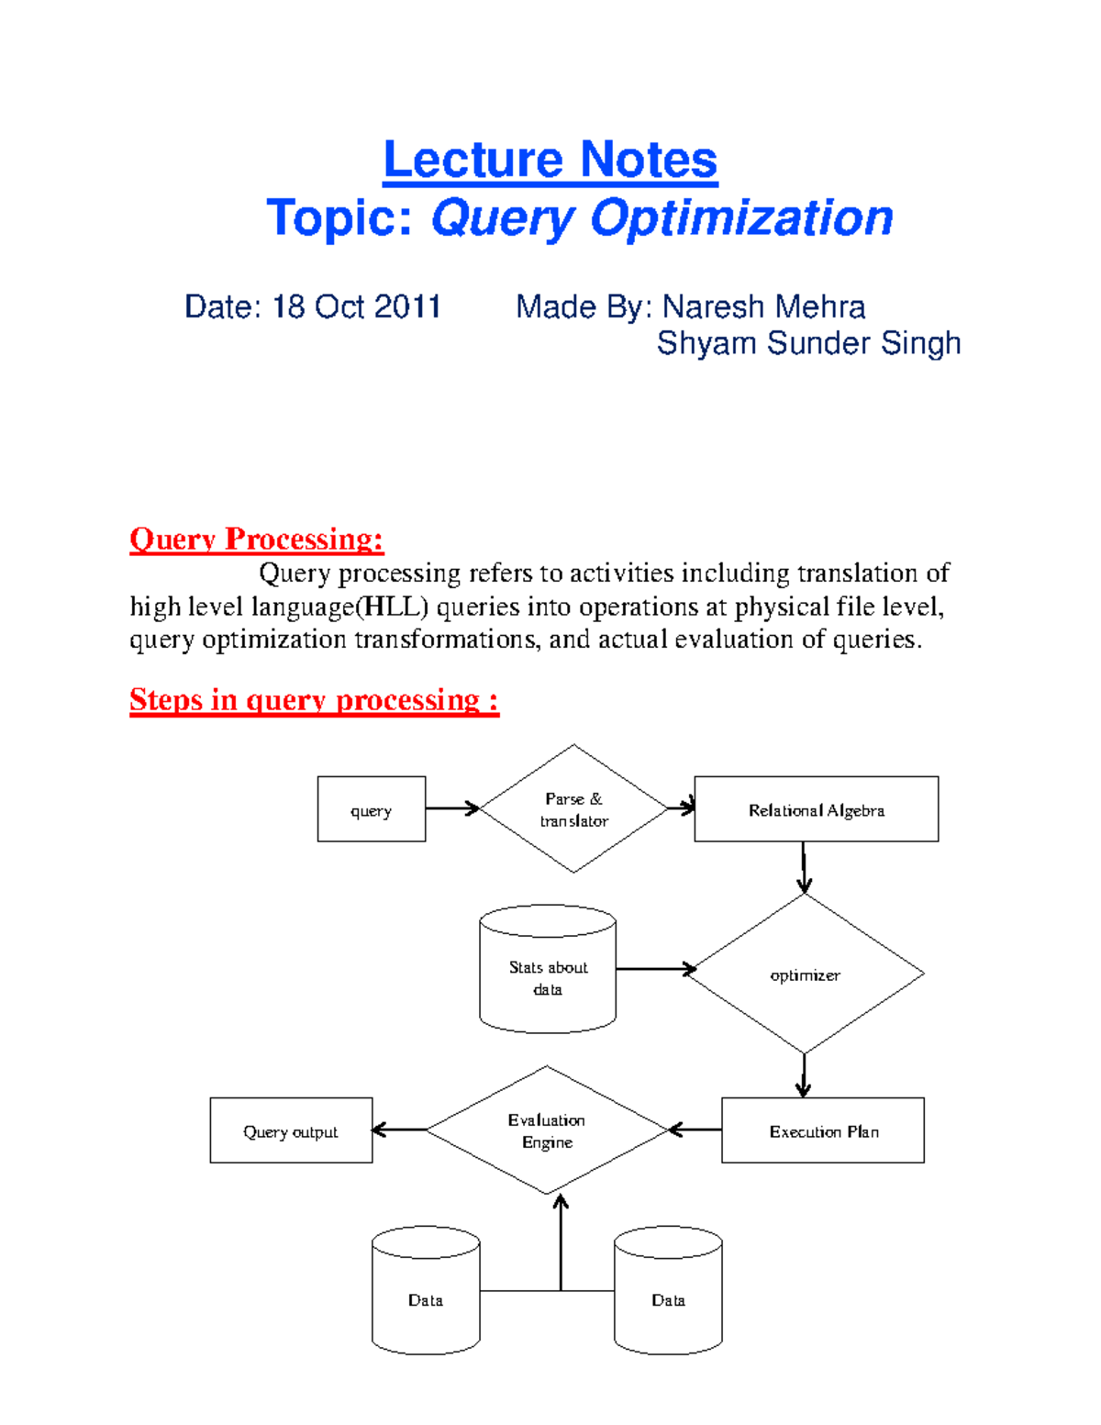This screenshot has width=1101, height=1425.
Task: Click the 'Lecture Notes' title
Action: click(550, 160)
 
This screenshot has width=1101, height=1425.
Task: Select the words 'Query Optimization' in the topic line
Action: click(662, 218)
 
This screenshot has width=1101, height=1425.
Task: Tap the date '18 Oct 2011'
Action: click(357, 306)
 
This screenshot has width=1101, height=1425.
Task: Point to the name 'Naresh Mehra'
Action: click(763, 306)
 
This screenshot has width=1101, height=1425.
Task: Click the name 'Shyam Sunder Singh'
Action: click(808, 343)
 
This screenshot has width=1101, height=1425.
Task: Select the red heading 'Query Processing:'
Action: click(256, 539)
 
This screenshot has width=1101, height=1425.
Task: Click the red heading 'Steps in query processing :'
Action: click(314, 700)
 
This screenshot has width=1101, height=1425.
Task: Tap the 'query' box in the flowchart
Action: click(371, 809)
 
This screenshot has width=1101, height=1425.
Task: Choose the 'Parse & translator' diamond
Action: click(573, 809)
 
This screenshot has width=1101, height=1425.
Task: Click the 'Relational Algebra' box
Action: click(816, 809)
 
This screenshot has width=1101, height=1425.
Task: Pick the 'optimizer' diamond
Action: click(805, 974)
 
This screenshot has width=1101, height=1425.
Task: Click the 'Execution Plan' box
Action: click(823, 1130)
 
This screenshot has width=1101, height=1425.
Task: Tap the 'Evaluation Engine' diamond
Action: click(547, 1130)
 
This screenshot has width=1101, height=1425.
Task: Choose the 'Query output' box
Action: click(291, 1130)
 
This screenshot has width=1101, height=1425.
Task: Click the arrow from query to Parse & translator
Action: click(452, 808)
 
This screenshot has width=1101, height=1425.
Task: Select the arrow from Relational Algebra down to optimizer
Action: click(804, 867)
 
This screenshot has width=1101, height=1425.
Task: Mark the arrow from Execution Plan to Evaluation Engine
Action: click(695, 1130)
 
